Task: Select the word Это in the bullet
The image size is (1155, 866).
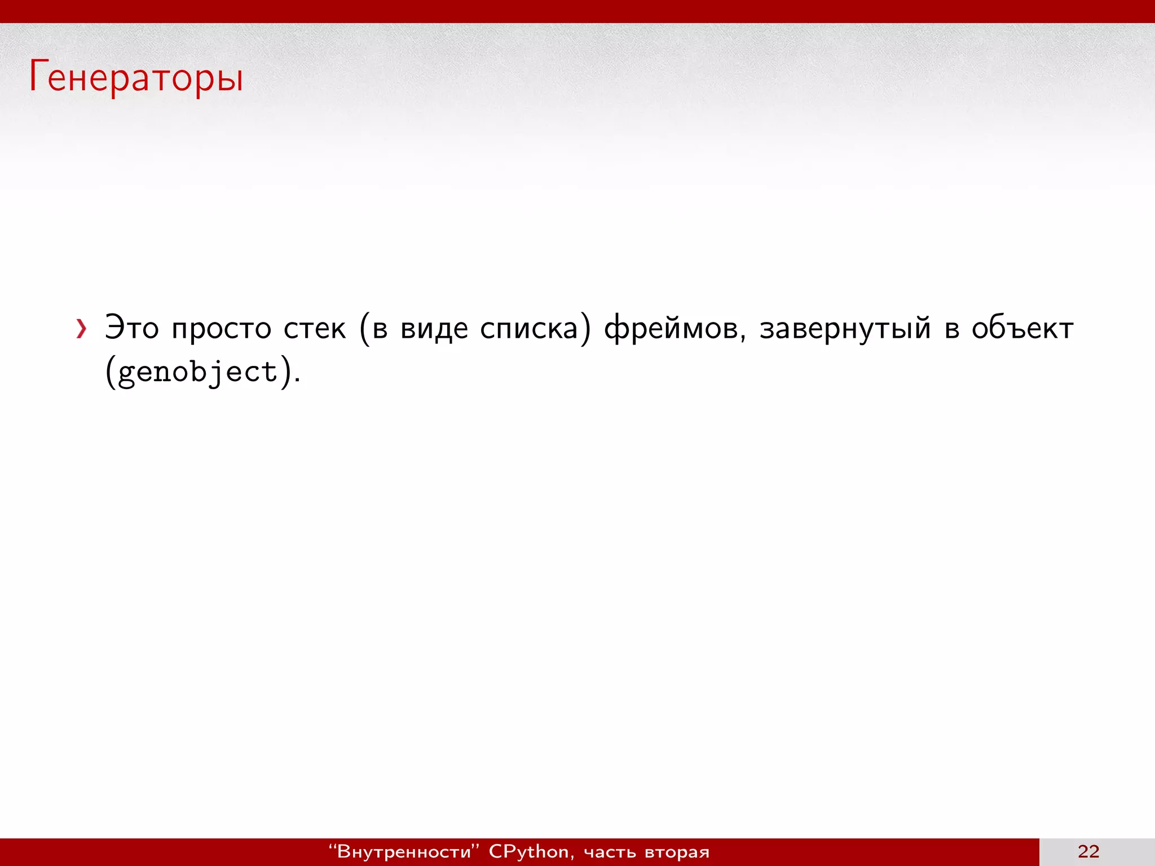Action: pos(132,328)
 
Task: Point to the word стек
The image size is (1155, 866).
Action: pos(314,328)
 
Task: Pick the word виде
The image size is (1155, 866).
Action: pos(434,328)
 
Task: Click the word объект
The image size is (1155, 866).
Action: pos(1022,328)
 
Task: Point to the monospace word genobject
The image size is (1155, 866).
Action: pos(198,372)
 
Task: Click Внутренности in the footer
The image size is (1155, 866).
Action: pos(404,851)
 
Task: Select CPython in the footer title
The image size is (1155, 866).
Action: pos(528,851)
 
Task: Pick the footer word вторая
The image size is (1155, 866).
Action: pos(677,852)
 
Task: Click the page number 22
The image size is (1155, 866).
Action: pos(1088,851)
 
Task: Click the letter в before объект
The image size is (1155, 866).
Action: pos(952,329)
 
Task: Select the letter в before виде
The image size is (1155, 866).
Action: pos(380,329)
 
